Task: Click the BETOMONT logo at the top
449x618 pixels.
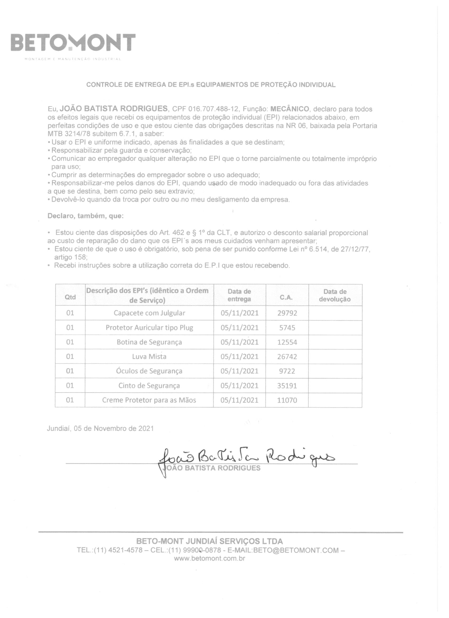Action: [x=73, y=43]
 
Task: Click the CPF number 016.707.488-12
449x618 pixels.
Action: [x=213, y=109]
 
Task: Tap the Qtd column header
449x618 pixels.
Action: [x=70, y=297]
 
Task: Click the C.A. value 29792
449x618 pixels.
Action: [x=287, y=313]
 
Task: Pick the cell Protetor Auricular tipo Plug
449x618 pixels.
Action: [x=149, y=328]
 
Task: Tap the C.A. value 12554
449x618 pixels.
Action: [x=287, y=342]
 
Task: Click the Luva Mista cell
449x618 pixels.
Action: [x=149, y=356]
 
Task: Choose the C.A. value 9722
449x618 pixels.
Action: [x=287, y=371]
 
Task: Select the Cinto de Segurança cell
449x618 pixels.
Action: [x=149, y=386]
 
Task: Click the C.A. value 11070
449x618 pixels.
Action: [x=287, y=400]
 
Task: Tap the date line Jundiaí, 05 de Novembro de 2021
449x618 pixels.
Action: [x=100, y=428]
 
